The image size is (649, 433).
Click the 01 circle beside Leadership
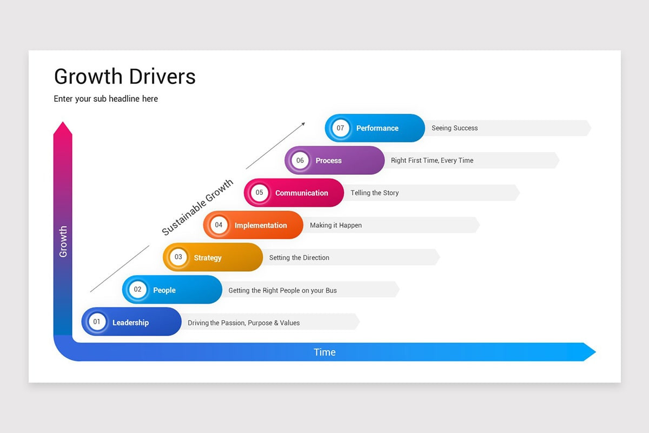tap(97, 322)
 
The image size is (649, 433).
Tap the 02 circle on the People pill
tap(137, 290)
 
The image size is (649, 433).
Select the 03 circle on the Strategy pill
tap(178, 257)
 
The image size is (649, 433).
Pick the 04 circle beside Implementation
tap(218, 225)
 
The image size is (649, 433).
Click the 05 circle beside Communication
tap(260, 192)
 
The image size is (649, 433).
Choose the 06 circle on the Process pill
tap(300, 160)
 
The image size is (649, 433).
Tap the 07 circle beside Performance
tap(340, 128)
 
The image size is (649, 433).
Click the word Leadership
tap(130, 323)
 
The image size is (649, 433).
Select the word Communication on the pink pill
tap(301, 193)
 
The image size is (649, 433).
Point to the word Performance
tap(377, 128)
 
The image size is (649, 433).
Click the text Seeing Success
tap(454, 128)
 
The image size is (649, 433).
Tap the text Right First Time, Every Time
tap(432, 160)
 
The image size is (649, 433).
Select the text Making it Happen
tap(335, 225)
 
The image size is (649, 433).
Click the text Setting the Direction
tap(299, 258)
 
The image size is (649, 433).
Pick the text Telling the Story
tap(374, 193)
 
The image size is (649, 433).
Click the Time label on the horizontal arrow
tap(325, 352)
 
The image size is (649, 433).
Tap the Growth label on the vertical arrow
tap(63, 241)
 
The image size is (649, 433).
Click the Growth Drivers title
tap(124, 77)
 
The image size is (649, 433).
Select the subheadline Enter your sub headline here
tap(105, 99)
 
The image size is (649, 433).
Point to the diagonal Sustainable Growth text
tap(197, 207)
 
